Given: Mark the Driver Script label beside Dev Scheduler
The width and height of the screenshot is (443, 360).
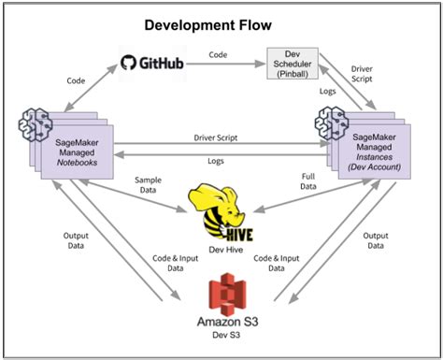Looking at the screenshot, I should click(x=373, y=74).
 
